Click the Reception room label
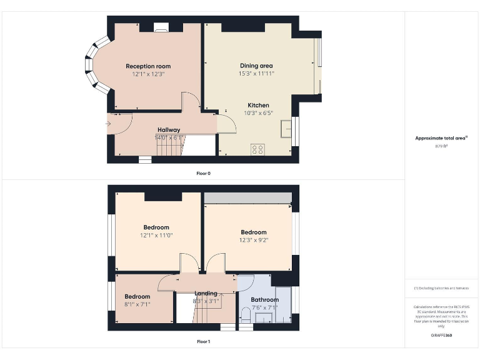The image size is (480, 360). [x=148, y=66]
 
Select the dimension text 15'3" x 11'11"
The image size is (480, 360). [x=256, y=73]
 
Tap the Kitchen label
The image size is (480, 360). [x=258, y=105]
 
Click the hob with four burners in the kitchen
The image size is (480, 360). [x=257, y=149]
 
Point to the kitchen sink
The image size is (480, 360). [x=287, y=127]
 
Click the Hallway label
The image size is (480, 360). [x=169, y=130]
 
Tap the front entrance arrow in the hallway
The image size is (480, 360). [x=109, y=124]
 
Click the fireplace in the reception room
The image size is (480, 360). [x=161, y=27]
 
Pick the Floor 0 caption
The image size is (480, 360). [x=204, y=173]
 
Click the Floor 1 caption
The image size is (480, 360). [x=204, y=342]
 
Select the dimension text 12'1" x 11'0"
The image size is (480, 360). [x=156, y=235]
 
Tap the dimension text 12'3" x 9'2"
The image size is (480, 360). [x=254, y=240]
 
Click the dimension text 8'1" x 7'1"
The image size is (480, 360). [x=137, y=304]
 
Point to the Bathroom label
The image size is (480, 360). [x=264, y=300]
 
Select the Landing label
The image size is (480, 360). [x=206, y=293]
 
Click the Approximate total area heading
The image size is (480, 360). [x=441, y=138]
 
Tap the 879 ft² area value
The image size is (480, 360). [x=441, y=146]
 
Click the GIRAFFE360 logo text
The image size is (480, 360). [x=441, y=336]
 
